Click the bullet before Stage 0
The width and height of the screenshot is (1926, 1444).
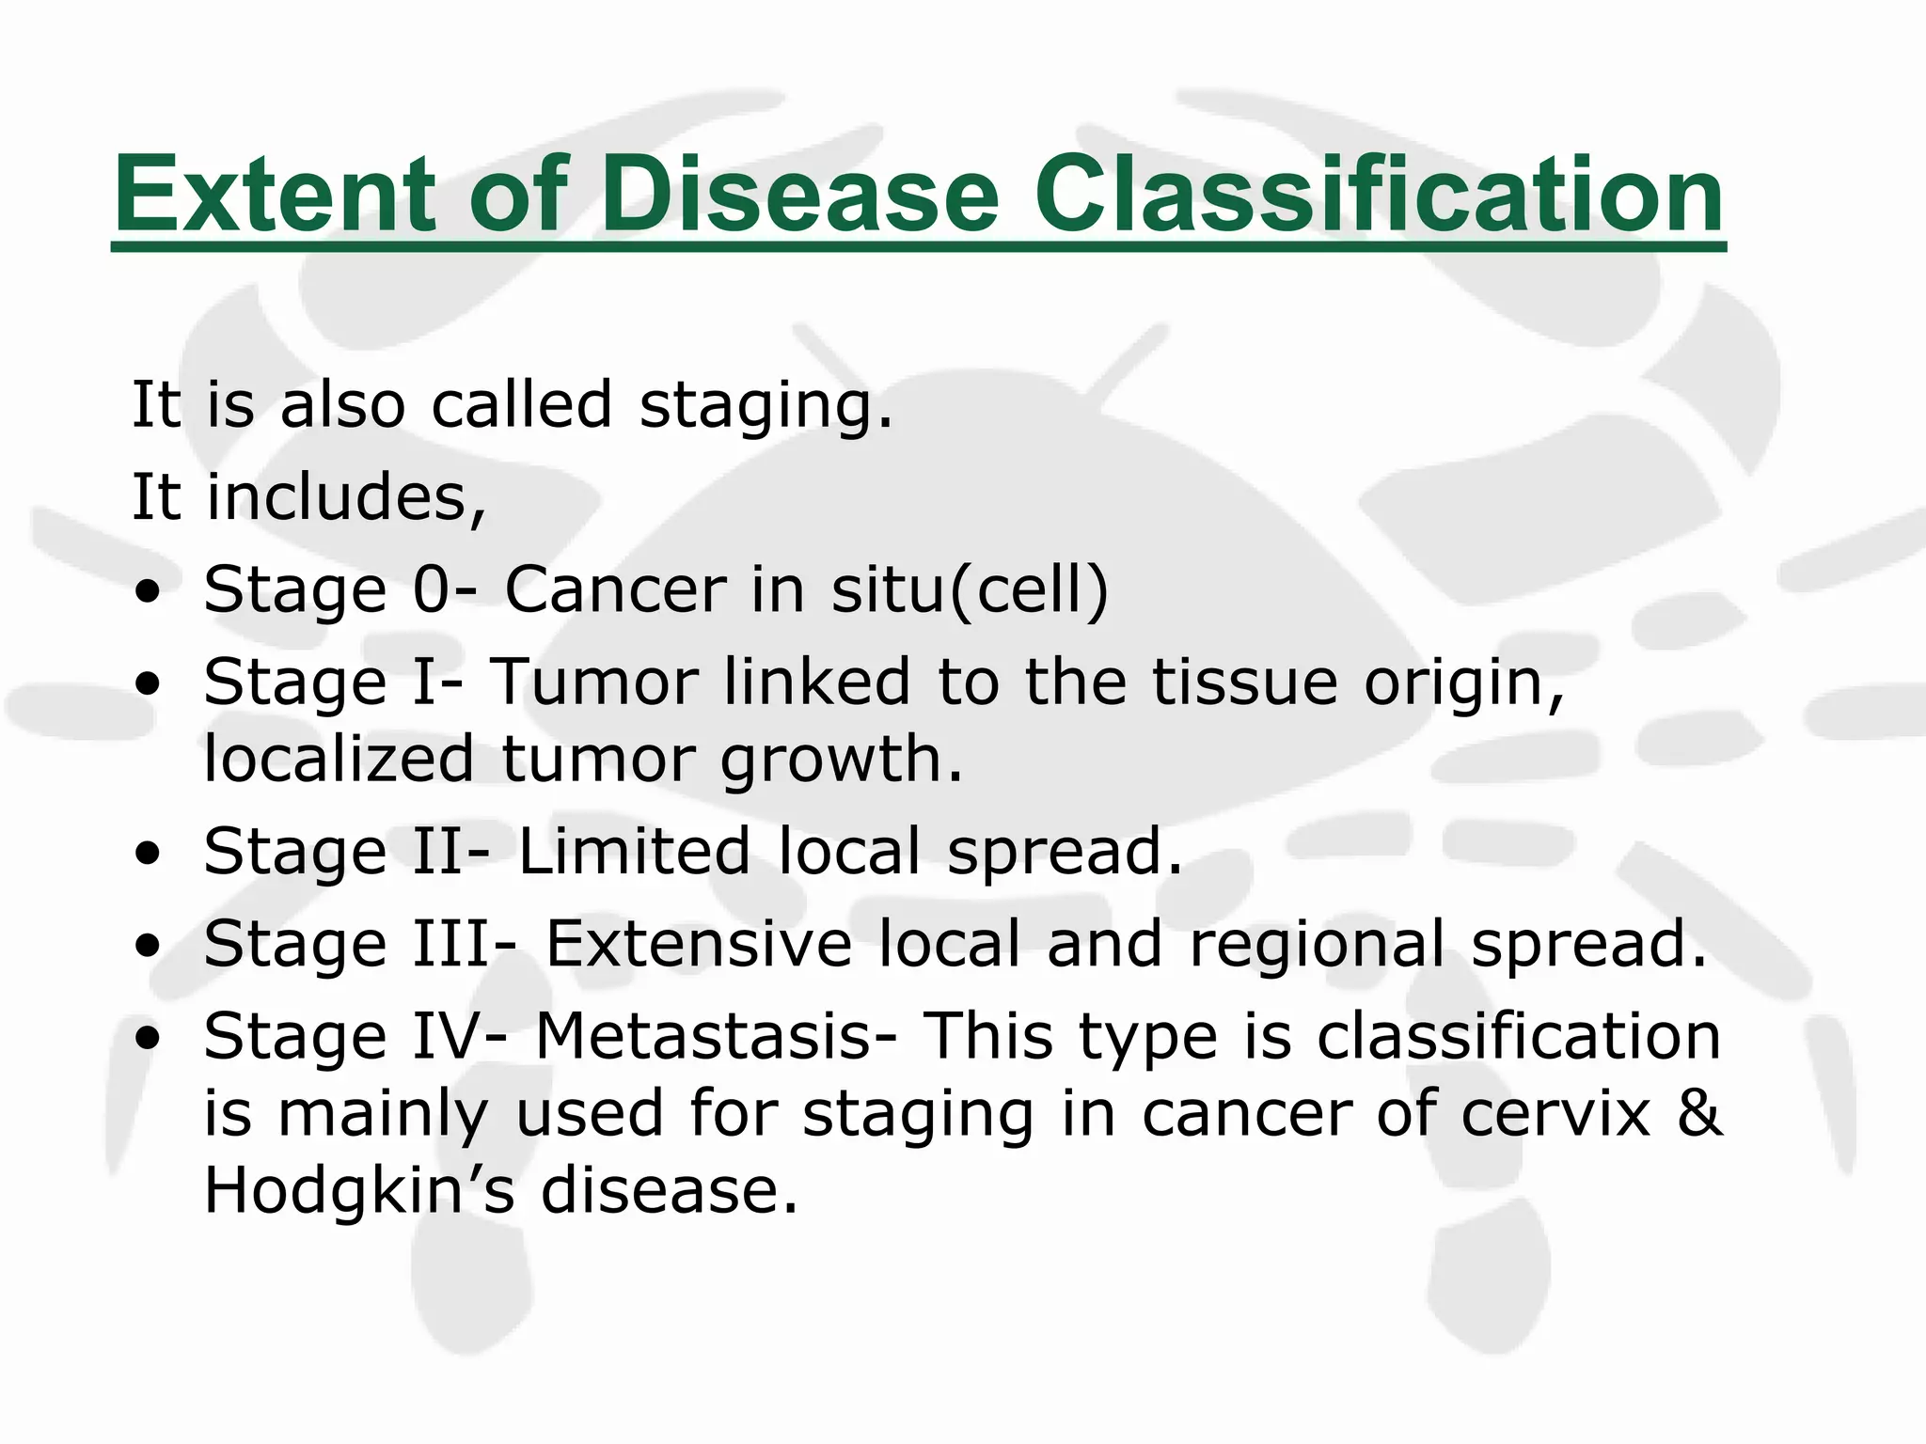148,592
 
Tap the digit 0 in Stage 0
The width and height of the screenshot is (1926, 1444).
432,589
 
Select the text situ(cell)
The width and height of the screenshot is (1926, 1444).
970,589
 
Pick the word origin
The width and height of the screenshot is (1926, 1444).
1454,683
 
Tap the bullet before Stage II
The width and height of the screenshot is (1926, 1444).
148,854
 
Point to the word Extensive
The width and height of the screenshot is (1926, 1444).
698,943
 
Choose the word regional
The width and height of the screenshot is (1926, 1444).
1317,945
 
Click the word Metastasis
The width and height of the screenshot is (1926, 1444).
703,1035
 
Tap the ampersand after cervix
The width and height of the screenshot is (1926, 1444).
1699,1113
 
